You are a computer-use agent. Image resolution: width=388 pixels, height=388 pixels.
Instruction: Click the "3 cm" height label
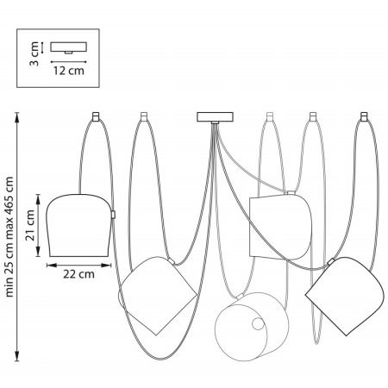(x=34, y=53)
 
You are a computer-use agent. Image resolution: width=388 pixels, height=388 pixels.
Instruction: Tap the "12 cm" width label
(x=69, y=71)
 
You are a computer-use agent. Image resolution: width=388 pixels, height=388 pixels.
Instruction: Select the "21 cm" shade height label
(x=30, y=225)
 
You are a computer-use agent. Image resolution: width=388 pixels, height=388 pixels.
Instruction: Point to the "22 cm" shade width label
(x=78, y=274)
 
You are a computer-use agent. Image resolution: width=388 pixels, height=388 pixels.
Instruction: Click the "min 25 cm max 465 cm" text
(x=9, y=237)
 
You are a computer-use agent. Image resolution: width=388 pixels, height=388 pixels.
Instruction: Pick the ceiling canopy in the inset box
(x=69, y=47)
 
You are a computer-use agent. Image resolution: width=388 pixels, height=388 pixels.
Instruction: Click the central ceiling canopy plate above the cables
(x=215, y=117)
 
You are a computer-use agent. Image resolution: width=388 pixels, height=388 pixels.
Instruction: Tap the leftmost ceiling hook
(x=96, y=116)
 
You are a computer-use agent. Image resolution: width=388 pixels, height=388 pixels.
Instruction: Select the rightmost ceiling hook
(x=364, y=116)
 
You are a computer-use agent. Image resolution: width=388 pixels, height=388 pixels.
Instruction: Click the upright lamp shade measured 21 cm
(x=78, y=225)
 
